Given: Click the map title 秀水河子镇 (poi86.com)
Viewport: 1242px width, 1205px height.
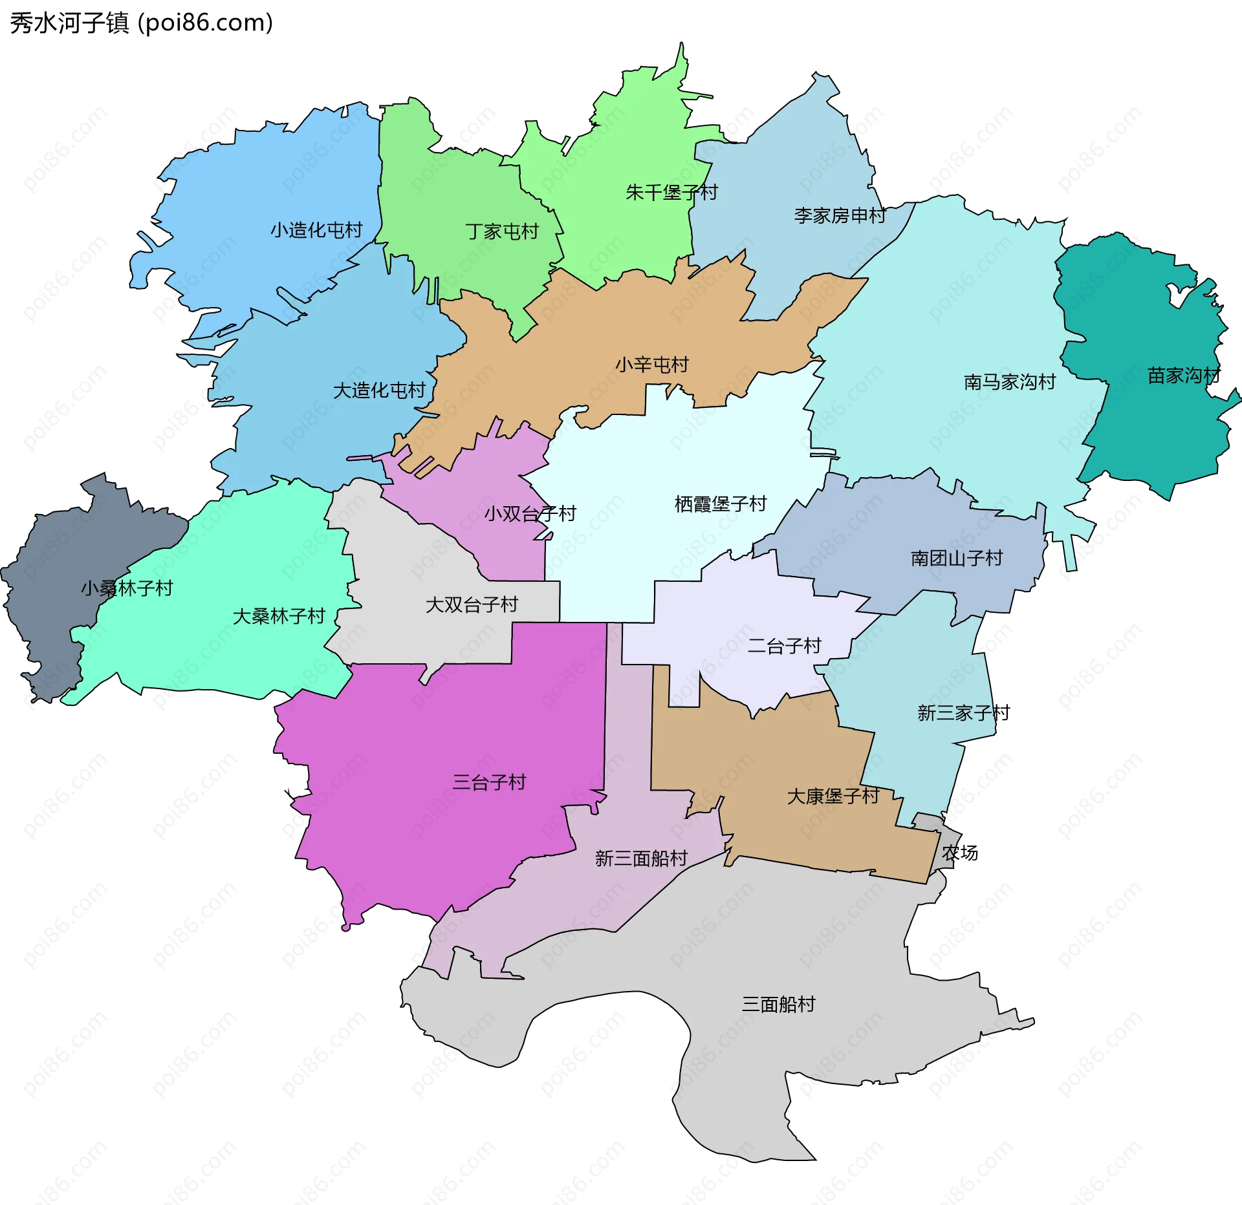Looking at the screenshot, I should [141, 23].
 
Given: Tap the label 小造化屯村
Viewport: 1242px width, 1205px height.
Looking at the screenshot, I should [316, 230].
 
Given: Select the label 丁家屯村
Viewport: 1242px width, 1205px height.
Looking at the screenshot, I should [502, 231].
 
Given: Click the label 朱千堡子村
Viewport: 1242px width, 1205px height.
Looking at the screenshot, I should [671, 192].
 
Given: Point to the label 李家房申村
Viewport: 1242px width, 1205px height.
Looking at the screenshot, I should [840, 215].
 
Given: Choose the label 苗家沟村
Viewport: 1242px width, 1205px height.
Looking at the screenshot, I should [1183, 376].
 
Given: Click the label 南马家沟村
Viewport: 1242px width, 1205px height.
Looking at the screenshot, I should [1009, 382].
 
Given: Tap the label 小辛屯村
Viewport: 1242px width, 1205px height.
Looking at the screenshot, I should [651, 365].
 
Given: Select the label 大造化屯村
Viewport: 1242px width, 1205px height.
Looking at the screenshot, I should [379, 390].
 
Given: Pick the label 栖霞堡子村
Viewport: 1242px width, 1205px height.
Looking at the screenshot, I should [720, 504].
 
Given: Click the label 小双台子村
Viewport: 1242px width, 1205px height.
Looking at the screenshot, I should [530, 514].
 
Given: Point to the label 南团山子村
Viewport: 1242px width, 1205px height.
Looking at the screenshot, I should [956, 558].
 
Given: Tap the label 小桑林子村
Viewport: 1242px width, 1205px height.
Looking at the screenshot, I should [127, 588].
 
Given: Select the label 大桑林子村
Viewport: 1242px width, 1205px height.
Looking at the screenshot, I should [278, 616].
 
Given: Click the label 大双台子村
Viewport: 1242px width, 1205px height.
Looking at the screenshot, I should [472, 604].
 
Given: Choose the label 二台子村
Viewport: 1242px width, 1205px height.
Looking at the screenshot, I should [784, 646].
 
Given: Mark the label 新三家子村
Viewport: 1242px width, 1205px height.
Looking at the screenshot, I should [963, 713].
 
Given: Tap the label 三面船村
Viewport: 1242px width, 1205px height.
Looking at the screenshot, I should [778, 1004].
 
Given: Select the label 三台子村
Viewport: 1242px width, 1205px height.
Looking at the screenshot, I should [489, 782].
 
